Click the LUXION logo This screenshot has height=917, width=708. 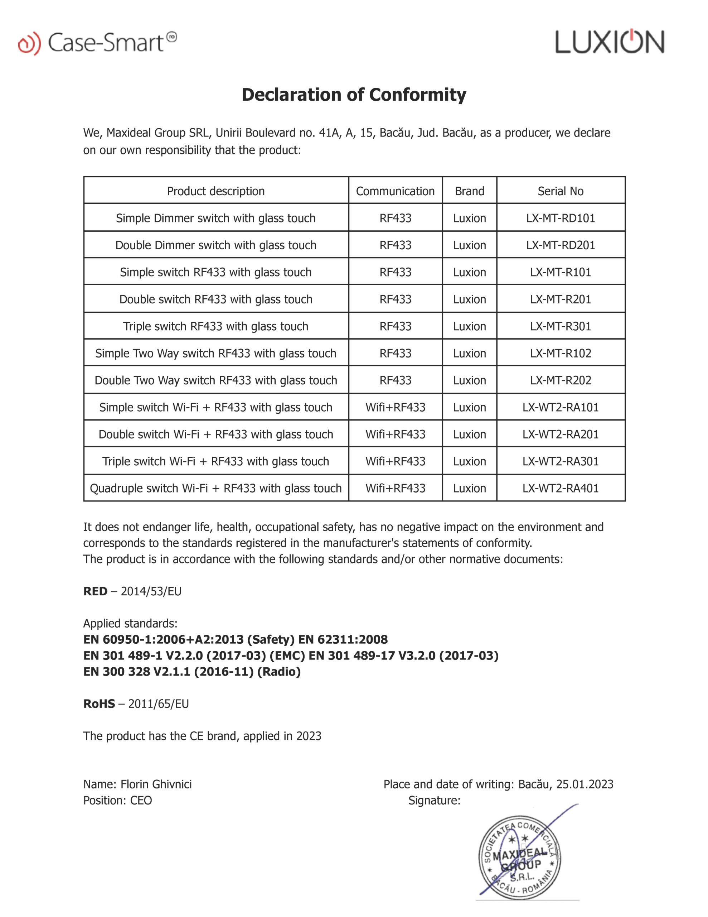(609, 42)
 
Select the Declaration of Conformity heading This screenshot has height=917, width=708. (354, 95)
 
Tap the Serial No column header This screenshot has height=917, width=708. (560, 191)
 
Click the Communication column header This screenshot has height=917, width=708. (395, 191)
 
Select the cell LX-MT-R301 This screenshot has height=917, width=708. (560, 326)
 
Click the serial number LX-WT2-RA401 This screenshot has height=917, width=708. (560, 488)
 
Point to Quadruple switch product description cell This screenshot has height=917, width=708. (216, 488)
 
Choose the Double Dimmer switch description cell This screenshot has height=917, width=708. (216, 245)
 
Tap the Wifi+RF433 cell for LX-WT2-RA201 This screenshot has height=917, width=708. (395, 434)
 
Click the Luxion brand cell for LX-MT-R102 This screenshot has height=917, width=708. (469, 353)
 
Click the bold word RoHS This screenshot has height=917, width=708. (99, 704)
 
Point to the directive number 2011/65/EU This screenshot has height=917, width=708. (159, 704)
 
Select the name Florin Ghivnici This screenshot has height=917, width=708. (156, 784)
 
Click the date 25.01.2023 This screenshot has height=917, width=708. (584, 784)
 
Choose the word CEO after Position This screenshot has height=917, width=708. (141, 801)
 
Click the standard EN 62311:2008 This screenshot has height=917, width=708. (343, 640)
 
